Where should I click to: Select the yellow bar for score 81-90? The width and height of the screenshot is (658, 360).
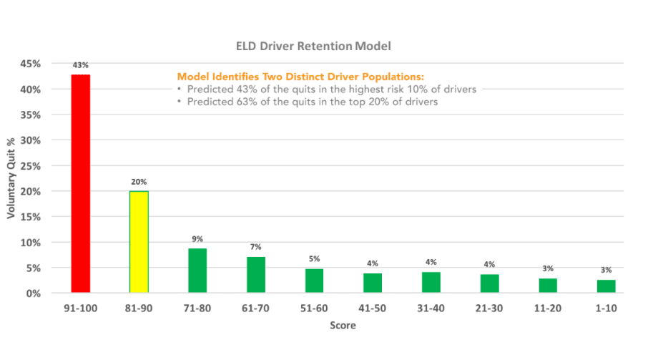click(139, 242)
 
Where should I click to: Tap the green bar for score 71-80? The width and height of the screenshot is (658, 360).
click(197, 271)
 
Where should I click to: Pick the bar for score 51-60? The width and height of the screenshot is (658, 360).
click(314, 281)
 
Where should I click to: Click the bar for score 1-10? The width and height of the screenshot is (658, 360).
click(606, 286)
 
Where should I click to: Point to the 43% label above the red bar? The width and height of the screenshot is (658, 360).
click(81, 65)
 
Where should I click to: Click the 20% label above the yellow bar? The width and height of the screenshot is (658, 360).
click(139, 182)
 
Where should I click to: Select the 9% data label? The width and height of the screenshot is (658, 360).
click(197, 239)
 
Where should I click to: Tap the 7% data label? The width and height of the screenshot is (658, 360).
click(255, 248)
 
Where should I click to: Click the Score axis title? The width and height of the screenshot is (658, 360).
click(343, 326)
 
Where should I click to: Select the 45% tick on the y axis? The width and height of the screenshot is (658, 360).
click(30, 64)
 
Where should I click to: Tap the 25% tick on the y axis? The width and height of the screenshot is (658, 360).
click(30, 166)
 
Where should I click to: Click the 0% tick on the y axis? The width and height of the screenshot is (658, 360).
click(33, 293)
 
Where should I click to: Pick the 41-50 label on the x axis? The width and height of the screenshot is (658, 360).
click(372, 308)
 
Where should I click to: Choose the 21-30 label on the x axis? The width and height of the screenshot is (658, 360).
click(489, 308)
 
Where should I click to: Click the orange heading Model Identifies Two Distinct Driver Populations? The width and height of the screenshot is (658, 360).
click(300, 77)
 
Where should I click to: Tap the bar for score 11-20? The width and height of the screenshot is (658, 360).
click(547, 286)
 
